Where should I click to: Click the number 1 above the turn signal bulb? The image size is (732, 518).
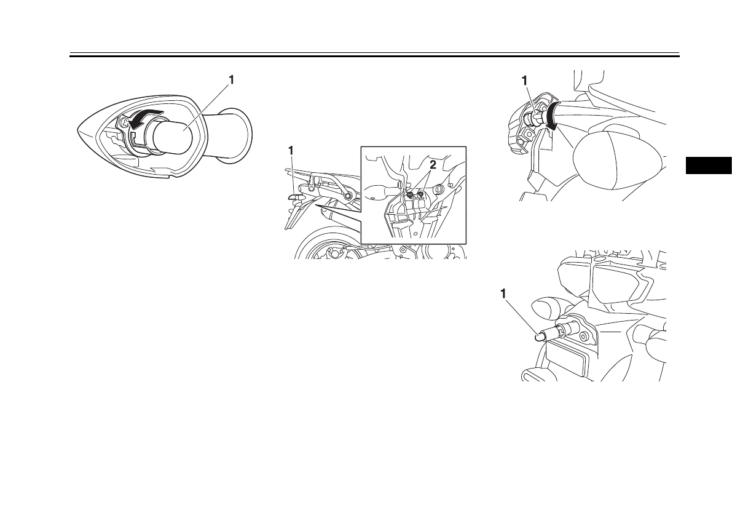[x=230, y=81]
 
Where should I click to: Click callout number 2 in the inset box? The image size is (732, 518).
[x=433, y=164]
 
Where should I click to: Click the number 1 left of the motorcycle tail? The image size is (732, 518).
[x=291, y=151]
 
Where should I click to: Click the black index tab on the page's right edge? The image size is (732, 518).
[x=709, y=166]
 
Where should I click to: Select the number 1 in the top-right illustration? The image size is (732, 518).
[x=525, y=81]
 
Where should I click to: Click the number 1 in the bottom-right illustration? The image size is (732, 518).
[x=503, y=293]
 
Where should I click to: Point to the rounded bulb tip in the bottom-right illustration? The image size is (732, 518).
[x=540, y=336]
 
